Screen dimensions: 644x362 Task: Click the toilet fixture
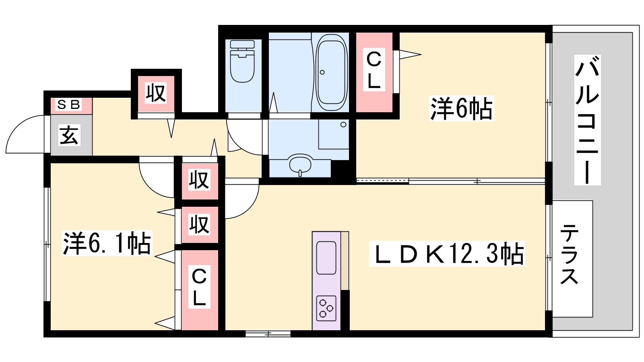click(x=242, y=61)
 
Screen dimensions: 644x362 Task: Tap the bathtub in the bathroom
click(x=332, y=72)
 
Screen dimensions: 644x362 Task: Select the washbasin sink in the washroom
click(x=300, y=165)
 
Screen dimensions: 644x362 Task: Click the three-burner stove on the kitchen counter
click(x=326, y=308)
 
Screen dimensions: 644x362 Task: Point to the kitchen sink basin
click(x=326, y=258)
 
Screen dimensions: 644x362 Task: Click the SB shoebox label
click(x=68, y=105)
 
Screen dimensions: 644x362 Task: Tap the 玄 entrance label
click(x=69, y=135)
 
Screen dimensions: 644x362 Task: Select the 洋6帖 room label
click(x=461, y=108)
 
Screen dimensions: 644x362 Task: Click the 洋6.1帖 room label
click(x=107, y=243)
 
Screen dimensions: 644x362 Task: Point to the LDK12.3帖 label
click(x=447, y=254)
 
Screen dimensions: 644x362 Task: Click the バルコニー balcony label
click(x=587, y=120)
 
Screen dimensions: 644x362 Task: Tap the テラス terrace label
click(x=569, y=254)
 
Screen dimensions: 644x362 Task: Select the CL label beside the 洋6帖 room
click(x=374, y=70)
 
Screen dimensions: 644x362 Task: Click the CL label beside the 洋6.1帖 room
click(x=199, y=287)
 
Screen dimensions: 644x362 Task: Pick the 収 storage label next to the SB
click(x=156, y=93)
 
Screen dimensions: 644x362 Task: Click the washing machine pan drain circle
click(x=343, y=125)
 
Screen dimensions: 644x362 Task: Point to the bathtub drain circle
click(x=322, y=72)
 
